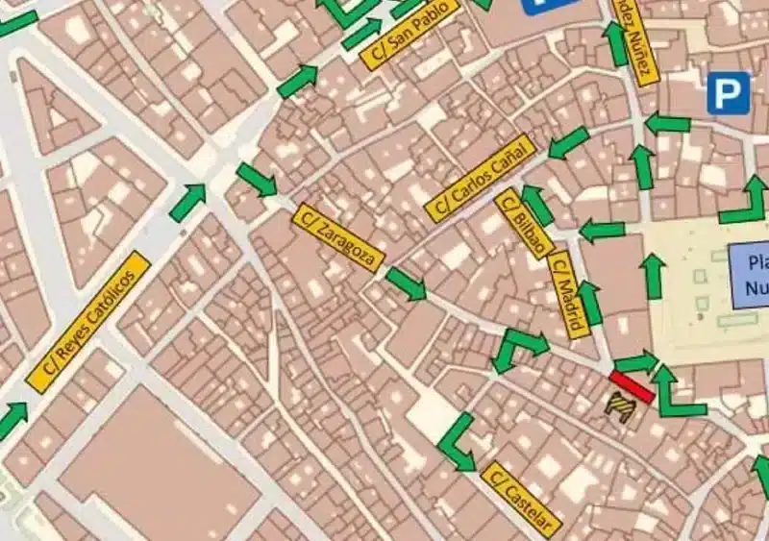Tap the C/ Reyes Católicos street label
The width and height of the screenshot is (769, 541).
click(x=88, y=321)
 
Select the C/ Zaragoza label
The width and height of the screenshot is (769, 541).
click(x=339, y=237)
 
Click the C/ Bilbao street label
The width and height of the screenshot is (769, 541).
click(x=524, y=223)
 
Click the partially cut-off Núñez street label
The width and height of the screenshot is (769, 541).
click(x=635, y=40)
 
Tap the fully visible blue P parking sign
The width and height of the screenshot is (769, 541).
click(x=728, y=92)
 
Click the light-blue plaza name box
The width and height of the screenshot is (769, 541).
click(x=750, y=275)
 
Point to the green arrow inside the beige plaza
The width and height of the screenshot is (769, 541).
click(x=654, y=277)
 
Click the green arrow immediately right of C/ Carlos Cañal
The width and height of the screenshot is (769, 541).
click(x=568, y=143)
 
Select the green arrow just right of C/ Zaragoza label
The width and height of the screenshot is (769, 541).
click(x=406, y=283)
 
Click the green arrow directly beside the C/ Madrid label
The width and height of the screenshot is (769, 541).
click(x=590, y=304)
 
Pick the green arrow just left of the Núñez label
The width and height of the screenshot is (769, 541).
click(x=615, y=44)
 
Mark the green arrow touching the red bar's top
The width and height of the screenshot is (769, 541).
click(x=636, y=362)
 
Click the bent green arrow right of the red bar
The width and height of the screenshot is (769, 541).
click(x=677, y=393)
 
